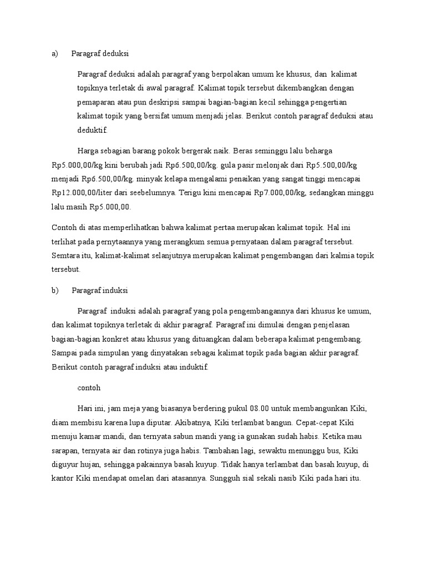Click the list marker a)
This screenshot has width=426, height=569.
tap(54, 54)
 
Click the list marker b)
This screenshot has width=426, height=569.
tap(54, 290)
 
